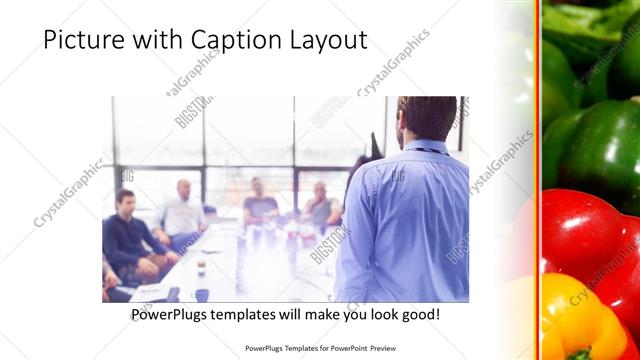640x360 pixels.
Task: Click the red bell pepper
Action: (580, 240)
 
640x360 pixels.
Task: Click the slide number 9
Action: (592, 348)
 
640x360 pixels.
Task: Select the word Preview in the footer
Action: (397, 348)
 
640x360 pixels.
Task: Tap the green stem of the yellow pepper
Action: (580, 352)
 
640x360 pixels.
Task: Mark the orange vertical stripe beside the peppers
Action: (537, 180)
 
